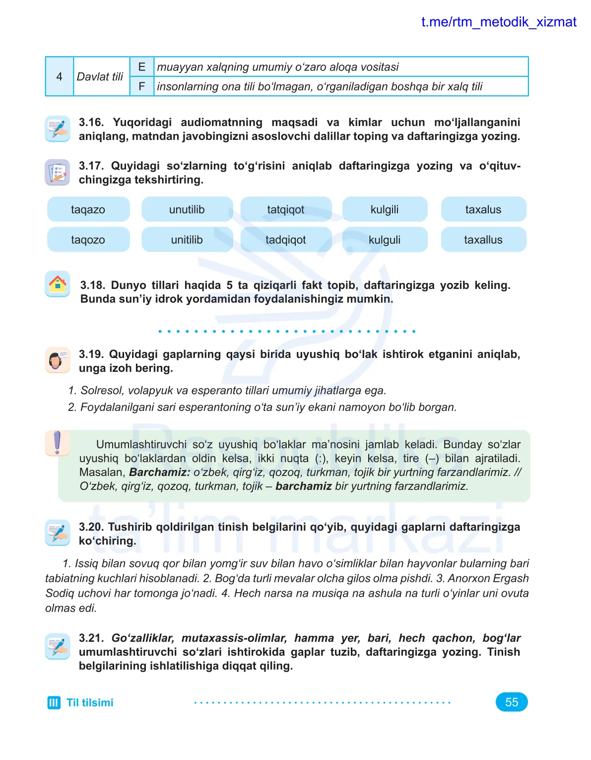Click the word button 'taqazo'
click(88, 209)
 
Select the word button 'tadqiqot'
click(286, 240)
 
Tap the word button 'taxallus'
click(483, 240)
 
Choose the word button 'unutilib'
click(187, 209)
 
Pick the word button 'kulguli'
click(385, 240)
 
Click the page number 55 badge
click(512, 702)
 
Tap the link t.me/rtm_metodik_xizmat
click(499, 22)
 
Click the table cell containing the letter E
click(142, 67)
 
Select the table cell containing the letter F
click(142, 86)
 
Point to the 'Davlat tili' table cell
click(100, 76)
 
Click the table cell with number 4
click(60, 76)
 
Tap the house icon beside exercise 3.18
click(58, 284)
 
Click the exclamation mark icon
click(57, 443)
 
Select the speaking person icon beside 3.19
click(57, 360)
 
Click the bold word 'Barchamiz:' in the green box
click(159, 472)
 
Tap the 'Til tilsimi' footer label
click(90, 702)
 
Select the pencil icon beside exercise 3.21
click(58, 646)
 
